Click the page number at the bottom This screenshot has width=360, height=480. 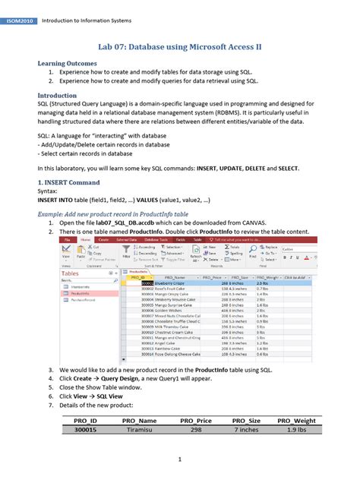coord(179,460)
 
